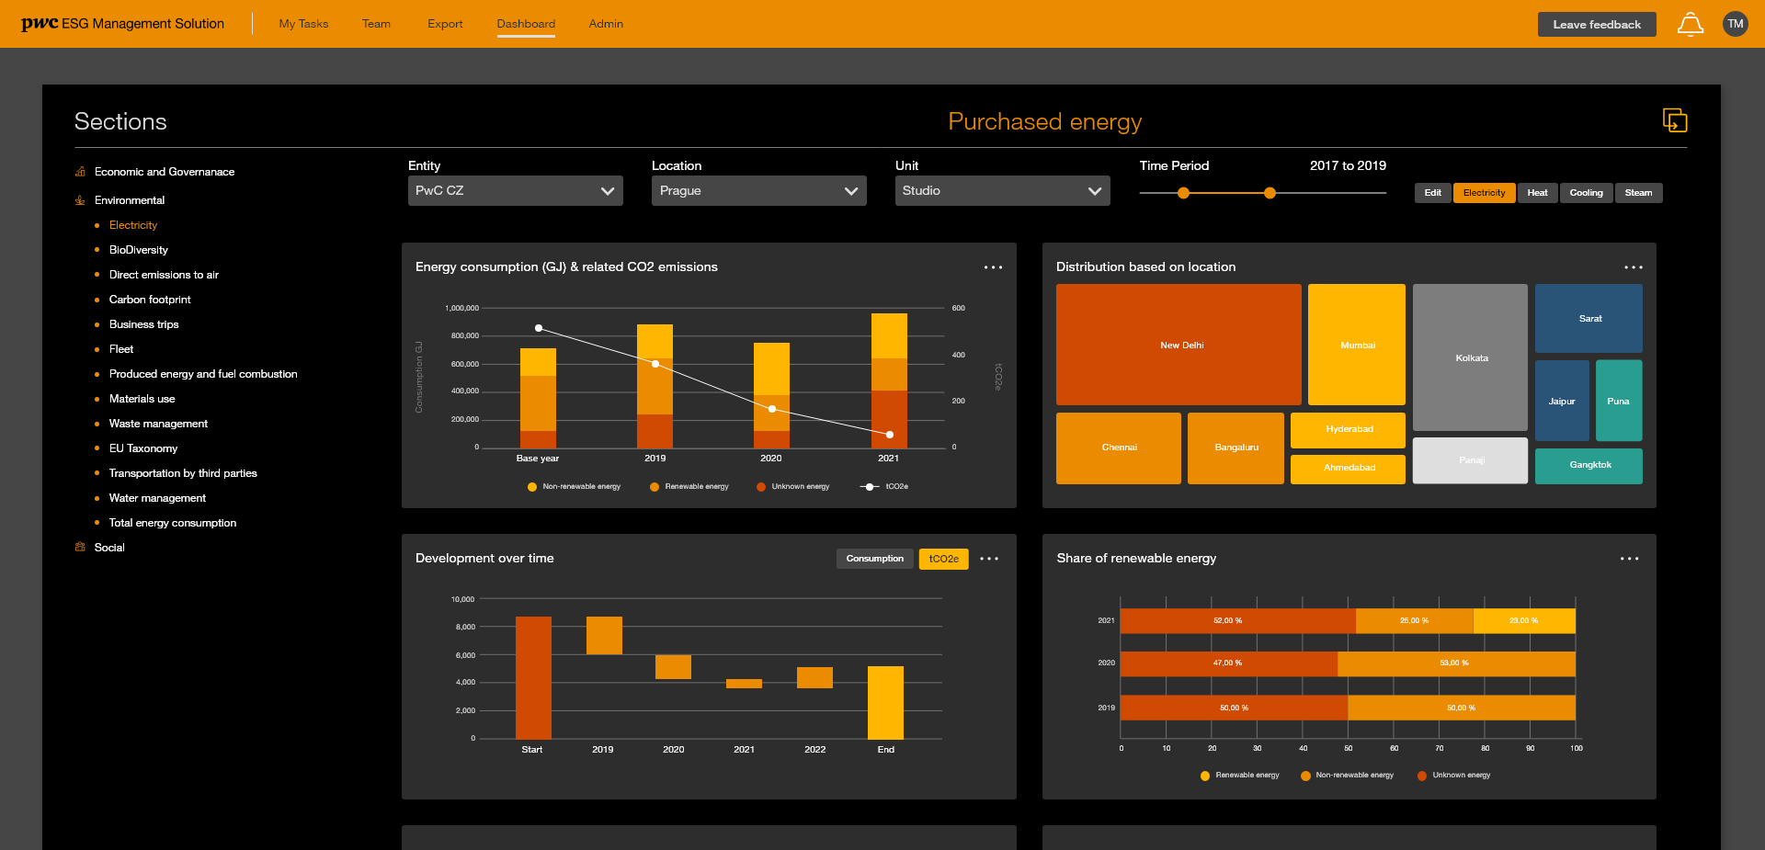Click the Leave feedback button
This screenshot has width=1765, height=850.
click(x=1596, y=25)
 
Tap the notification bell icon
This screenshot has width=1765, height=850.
click(x=1690, y=25)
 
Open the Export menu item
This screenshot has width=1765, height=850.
click(x=445, y=24)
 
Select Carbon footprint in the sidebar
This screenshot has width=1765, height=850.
click(x=150, y=300)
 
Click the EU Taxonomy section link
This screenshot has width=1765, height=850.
click(x=143, y=448)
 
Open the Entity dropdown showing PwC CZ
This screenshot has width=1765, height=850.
click(x=515, y=191)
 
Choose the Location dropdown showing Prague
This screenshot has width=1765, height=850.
click(x=758, y=191)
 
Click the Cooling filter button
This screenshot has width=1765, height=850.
click(x=1586, y=193)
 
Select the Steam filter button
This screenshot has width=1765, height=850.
click(x=1638, y=193)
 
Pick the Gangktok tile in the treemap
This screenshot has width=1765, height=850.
click(x=1588, y=465)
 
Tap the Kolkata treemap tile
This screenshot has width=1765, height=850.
click(x=1470, y=357)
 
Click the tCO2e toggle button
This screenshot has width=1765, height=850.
click(x=943, y=559)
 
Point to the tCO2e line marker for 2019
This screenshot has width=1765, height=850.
click(x=655, y=365)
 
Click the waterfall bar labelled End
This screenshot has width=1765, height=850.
click(x=885, y=702)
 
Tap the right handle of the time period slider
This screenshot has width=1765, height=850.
click(x=1270, y=193)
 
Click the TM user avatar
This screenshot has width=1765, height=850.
click(x=1735, y=25)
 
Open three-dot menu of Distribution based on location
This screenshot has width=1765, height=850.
click(x=1633, y=267)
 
